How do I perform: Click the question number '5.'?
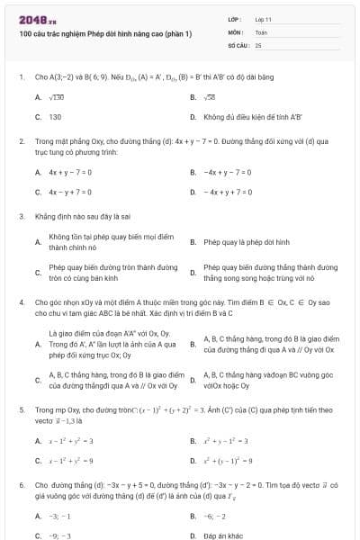tap(21, 409)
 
